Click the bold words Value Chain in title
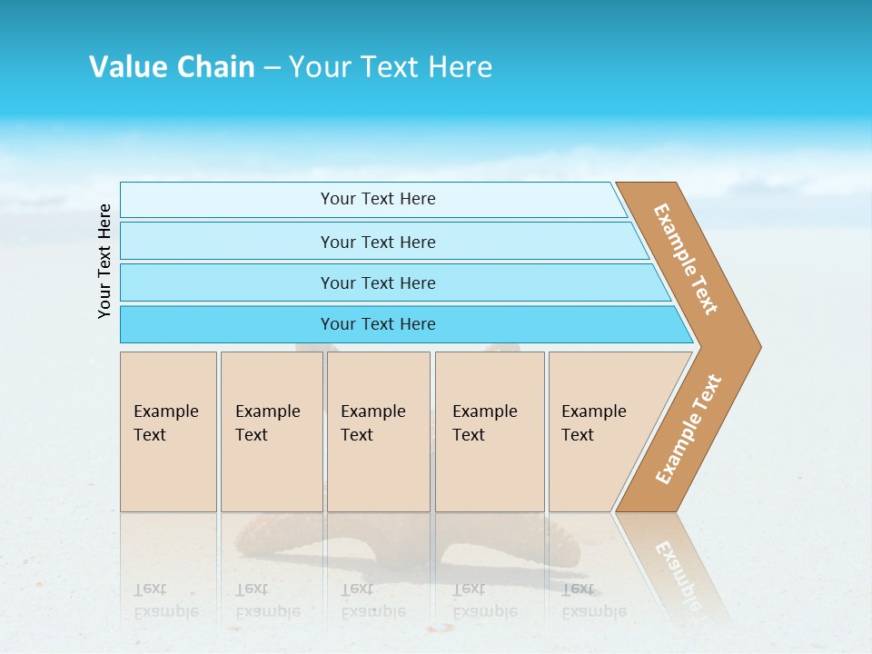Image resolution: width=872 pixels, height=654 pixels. tap(172, 67)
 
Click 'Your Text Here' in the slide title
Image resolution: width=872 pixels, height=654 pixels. tap(391, 67)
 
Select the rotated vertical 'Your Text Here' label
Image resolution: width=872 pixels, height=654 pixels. tap(104, 261)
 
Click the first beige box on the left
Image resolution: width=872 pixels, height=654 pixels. tap(168, 431)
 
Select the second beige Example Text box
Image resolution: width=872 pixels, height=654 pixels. tap(272, 431)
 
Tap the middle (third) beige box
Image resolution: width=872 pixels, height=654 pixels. tap(378, 431)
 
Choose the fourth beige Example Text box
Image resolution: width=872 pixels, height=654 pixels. tap(490, 431)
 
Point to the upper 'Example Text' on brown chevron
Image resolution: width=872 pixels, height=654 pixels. tap(686, 259)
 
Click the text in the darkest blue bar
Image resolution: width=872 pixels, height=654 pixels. tap(378, 324)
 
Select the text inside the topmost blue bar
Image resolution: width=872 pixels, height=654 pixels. tap(378, 199)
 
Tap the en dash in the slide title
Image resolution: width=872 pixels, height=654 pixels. tap(272, 68)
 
